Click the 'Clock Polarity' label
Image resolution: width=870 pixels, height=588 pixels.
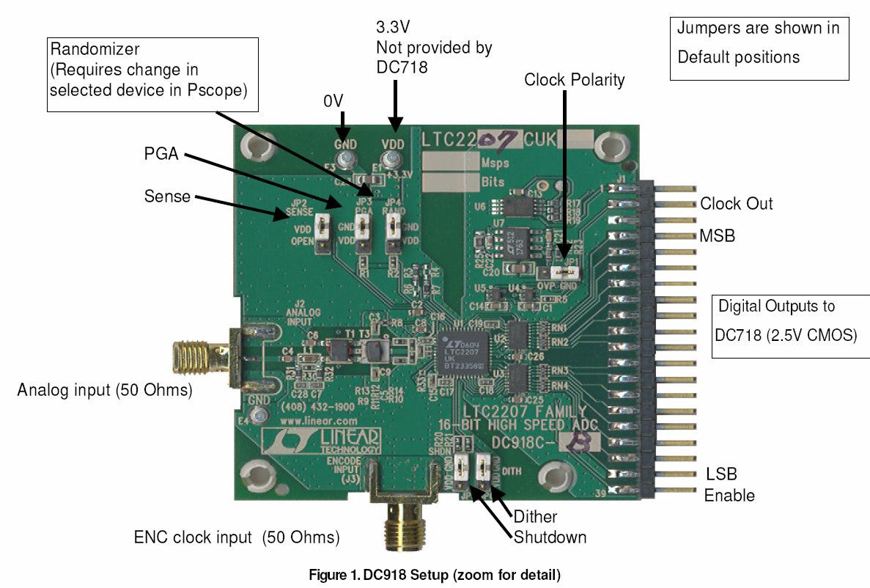click(x=574, y=80)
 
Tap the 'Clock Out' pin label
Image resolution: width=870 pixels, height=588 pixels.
click(x=736, y=204)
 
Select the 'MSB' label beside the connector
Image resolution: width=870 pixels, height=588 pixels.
click(x=718, y=236)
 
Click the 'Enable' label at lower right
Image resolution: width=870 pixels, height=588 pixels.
click(x=729, y=495)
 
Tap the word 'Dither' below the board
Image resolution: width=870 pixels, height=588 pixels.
click(x=535, y=516)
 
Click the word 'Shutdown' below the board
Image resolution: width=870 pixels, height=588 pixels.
click(x=550, y=537)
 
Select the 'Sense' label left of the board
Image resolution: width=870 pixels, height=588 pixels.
click(x=167, y=196)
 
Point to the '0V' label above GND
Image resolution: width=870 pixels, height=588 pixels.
click(x=333, y=100)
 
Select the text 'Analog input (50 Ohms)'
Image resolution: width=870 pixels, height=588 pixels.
click(x=104, y=391)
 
